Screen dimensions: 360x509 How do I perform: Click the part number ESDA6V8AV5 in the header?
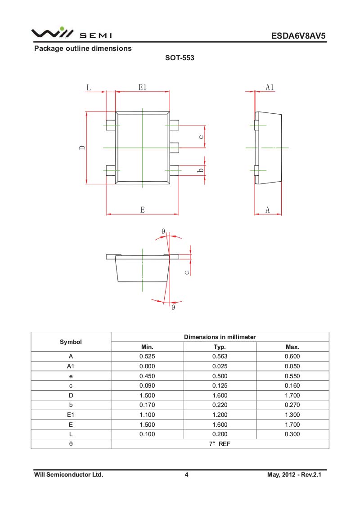pos(298,36)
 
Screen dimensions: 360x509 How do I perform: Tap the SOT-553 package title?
pos(180,58)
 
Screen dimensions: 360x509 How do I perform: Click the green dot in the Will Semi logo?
pos(62,29)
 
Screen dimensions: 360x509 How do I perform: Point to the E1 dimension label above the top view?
pos(143,87)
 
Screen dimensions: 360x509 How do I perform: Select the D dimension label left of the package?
pos(82,147)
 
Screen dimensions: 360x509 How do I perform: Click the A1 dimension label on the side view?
pos(270,87)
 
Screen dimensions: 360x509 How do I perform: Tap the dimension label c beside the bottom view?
pos(187,272)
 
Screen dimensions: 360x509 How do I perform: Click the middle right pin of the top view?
pos(174,147)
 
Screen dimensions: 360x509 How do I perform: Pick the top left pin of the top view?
pos(111,125)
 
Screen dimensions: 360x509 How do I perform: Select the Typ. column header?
pos(220,347)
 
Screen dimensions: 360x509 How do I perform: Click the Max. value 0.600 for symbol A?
pos(292,357)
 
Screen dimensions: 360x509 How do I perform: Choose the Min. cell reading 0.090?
pos(147,386)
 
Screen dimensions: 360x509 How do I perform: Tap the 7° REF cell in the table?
pos(220,444)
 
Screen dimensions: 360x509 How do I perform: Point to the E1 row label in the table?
pos(71,415)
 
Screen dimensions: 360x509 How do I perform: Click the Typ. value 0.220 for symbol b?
pos(220,405)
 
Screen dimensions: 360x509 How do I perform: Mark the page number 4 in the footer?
pos(186,474)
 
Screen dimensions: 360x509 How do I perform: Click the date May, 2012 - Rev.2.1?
pos(294,474)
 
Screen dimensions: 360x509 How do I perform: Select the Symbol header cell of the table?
pos(71,342)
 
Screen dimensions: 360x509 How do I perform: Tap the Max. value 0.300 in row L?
pos(292,434)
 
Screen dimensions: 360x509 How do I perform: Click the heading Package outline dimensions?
pos(83,49)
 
